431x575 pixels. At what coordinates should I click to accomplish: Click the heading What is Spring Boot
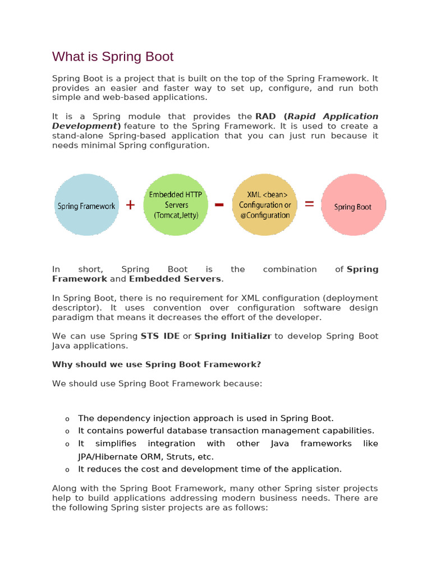(x=113, y=57)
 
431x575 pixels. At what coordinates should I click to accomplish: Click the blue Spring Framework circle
(x=86, y=205)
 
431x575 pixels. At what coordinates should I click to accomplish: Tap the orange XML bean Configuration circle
(x=264, y=205)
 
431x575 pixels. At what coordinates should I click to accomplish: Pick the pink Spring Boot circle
(x=353, y=205)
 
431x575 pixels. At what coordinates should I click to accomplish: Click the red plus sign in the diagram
(x=130, y=205)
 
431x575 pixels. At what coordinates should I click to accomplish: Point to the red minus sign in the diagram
(x=219, y=205)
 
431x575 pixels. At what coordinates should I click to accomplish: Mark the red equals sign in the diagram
(x=309, y=205)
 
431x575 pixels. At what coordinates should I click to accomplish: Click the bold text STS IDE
(x=161, y=336)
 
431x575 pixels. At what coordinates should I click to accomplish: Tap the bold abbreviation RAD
(x=266, y=116)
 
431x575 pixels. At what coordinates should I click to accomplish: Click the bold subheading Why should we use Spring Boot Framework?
(x=157, y=364)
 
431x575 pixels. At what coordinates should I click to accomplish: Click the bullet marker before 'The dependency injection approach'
(x=67, y=419)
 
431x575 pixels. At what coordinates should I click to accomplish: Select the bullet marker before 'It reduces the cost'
(x=67, y=469)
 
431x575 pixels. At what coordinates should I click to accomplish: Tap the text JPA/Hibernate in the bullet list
(x=106, y=457)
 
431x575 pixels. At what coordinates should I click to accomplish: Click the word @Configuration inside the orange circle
(x=264, y=215)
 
